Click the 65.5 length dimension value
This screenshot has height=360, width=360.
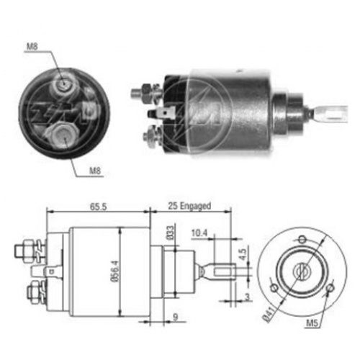98,207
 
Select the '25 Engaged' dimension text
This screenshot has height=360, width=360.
189,206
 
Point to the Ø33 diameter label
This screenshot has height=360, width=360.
170,233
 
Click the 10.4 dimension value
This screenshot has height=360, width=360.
199,233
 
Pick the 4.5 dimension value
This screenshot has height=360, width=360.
243,254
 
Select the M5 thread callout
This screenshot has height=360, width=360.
312,323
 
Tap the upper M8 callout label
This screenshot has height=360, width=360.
32,46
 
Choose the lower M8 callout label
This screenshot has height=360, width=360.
95,171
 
